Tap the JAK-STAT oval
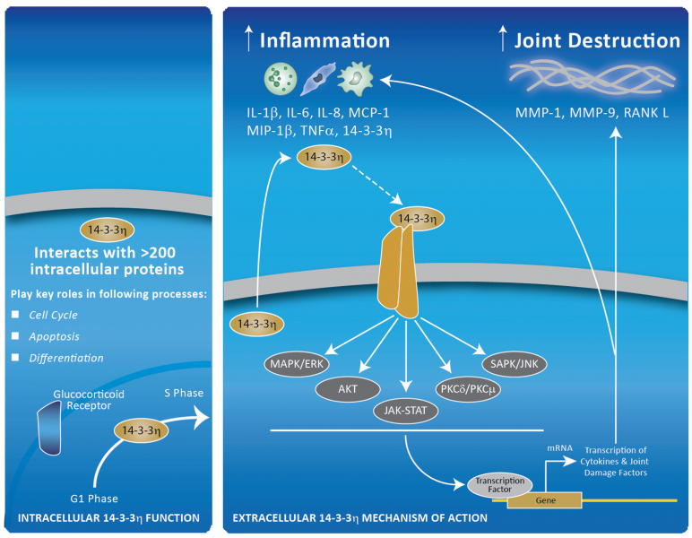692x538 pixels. coord(407,412)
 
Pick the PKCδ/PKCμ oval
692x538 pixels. coord(467,388)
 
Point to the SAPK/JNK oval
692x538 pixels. coord(515,364)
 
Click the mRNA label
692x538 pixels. coord(559,445)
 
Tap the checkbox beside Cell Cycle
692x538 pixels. coord(14,314)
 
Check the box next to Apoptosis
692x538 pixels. coord(14,335)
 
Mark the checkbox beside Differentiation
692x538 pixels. coord(14,357)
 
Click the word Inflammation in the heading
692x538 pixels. coord(324,40)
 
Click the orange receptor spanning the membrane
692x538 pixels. coord(401,273)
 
